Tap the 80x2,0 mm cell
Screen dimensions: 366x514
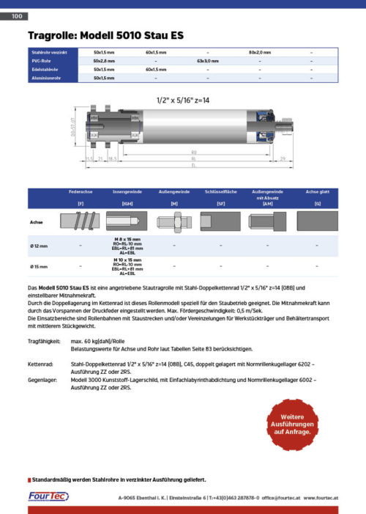(x=259, y=53)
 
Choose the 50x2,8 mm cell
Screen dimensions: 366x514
(x=105, y=61)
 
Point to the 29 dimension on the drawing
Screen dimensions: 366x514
(x=282, y=157)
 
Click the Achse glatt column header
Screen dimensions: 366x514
(x=317, y=191)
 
